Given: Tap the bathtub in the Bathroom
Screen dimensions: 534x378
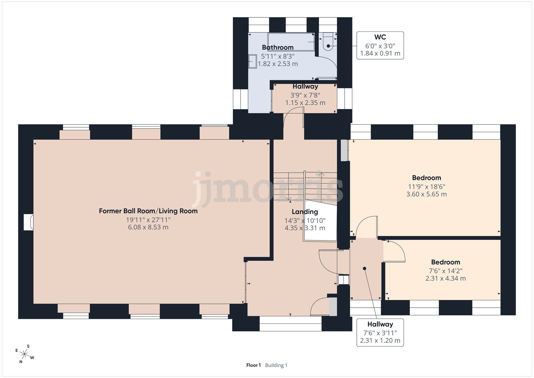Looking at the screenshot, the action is click(291, 42).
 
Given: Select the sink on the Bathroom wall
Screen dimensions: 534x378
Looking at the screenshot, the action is click(253, 61).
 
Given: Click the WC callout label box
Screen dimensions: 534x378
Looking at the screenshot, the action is click(380, 45).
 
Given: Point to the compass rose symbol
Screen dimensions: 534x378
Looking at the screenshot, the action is click(25, 354).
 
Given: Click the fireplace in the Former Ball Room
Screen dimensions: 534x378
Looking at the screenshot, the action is click(29, 222).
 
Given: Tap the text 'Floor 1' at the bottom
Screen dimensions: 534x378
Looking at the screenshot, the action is click(253, 365).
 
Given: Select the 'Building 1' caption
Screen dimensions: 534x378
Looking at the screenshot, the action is click(276, 365).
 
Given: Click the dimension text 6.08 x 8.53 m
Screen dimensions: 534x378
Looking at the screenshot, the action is click(148, 227).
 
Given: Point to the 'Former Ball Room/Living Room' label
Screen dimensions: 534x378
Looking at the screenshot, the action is click(148, 211).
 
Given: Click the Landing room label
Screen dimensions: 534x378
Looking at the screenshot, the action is click(305, 212).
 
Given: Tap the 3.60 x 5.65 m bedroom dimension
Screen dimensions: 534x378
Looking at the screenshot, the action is click(426, 194).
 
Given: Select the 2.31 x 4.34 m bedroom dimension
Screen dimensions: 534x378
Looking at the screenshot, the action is click(446, 278).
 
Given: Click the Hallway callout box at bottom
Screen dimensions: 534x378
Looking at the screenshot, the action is click(380, 333).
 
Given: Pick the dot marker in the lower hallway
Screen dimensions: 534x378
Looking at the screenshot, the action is click(364, 268).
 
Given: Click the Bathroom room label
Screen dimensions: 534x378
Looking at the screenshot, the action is click(278, 48).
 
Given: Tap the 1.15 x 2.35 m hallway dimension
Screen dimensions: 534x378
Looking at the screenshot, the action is click(305, 103).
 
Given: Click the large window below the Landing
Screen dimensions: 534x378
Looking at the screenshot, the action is click(290, 324).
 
